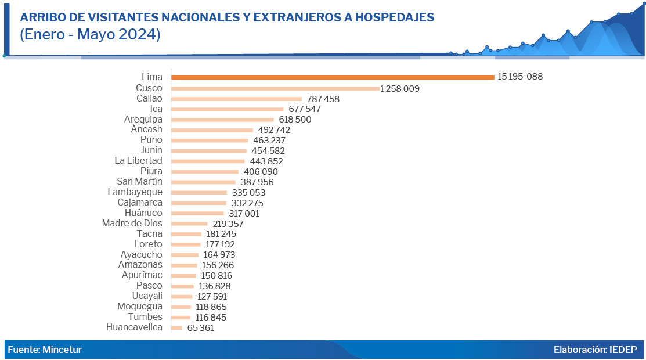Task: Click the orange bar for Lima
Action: point(332,77)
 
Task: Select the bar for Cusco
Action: point(275,88)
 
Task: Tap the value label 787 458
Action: point(323,99)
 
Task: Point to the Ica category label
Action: point(156,109)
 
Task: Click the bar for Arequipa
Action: point(222,120)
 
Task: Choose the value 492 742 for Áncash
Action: point(277,130)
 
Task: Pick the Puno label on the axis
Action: point(151,140)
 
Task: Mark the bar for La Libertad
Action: point(208,161)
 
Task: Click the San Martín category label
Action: point(139,182)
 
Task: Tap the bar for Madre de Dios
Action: point(189,224)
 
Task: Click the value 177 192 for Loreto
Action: point(220,244)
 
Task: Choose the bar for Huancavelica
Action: point(176,328)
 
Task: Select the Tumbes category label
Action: point(145,317)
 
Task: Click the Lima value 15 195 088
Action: point(519,77)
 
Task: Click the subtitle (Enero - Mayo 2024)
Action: point(90,34)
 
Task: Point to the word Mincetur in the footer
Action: point(62,350)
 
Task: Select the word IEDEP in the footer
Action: point(623,350)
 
